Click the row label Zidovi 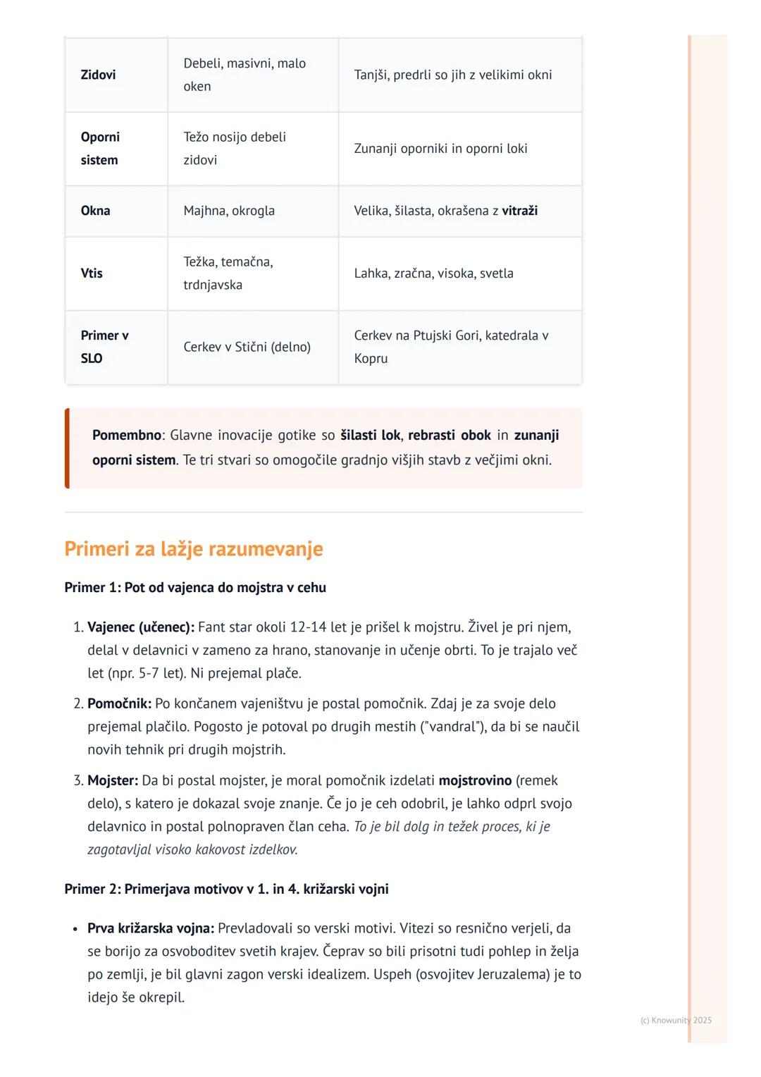pyautogui.click(x=98, y=75)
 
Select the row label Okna pyautogui.click(x=95, y=211)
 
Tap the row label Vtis pyautogui.click(x=92, y=273)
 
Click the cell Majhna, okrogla pyautogui.click(x=229, y=211)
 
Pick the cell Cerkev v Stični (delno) pyautogui.click(x=247, y=347)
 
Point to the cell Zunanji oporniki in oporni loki pyautogui.click(x=440, y=149)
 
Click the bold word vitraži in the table pyautogui.click(x=519, y=211)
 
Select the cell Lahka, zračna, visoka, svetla pyautogui.click(x=433, y=273)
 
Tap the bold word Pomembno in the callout pyautogui.click(x=127, y=436)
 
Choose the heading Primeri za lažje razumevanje pyautogui.click(x=194, y=549)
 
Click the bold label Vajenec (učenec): pyautogui.click(x=141, y=627)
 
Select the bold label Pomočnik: pyautogui.click(x=119, y=703)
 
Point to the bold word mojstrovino pyautogui.click(x=475, y=781)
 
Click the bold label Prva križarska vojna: pyautogui.click(x=151, y=928)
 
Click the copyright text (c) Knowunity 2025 pyautogui.click(x=676, y=1020)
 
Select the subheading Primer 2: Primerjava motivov pyautogui.click(x=226, y=889)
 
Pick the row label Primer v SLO pyautogui.click(x=104, y=347)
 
